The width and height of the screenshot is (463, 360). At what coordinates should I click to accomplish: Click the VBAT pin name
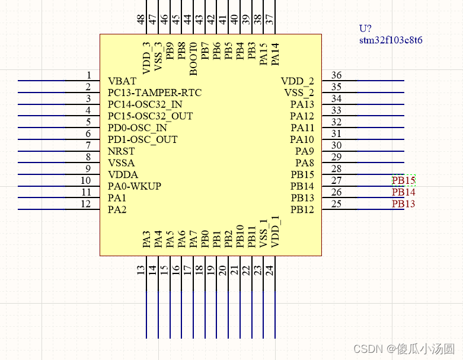pos(122,81)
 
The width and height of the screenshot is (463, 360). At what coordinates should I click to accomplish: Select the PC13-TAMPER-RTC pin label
pos(155,93)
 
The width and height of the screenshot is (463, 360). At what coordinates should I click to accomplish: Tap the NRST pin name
pos(122,151)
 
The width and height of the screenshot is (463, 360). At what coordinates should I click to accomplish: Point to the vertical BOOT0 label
pos(193,59)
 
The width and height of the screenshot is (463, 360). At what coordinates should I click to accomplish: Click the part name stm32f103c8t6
pos(391,40)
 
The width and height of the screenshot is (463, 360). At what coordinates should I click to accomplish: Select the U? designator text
pos(365,28)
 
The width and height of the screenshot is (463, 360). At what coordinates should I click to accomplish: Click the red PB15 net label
pos(404,180)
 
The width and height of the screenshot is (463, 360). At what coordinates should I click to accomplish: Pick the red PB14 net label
pos(404,192)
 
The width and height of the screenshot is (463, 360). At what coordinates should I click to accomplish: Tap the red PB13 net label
pos(404,204)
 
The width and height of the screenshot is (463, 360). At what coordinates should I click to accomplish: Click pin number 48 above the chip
pos(141,20)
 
